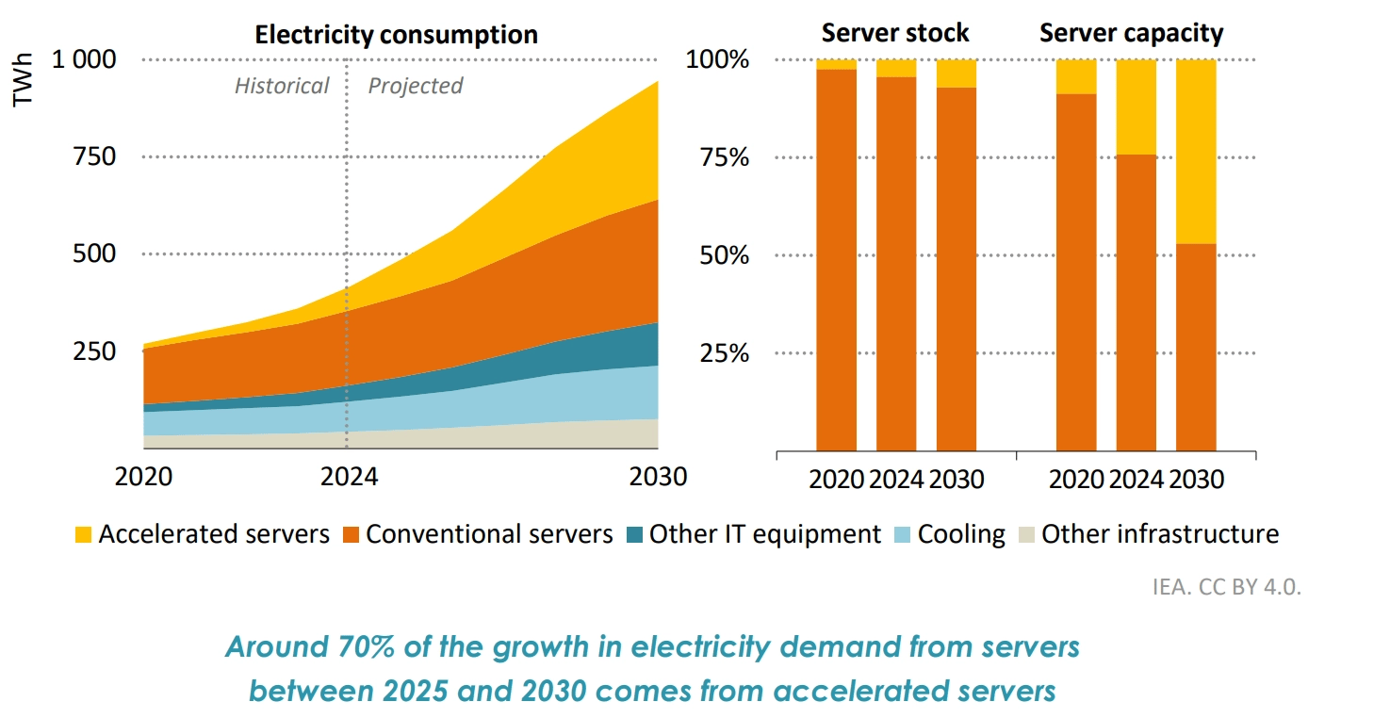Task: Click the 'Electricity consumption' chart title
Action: click(x=397, y=36)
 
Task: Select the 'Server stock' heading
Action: click(x=894, y=33)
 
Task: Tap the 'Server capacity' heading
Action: click(x=1131, y=34)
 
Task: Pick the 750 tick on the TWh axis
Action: click(x=94, y=156)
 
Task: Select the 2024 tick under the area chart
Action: click(x=349, y=477)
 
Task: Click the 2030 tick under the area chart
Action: click(x=657, y=477)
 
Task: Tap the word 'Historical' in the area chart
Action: click(x=282, y=87)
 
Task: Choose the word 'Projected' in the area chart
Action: click(x=416, y=87)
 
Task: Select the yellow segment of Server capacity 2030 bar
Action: click(x=1196, y=151)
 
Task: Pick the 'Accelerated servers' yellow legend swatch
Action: click(x=84, y=535)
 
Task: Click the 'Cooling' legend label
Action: click(x=961, y=534)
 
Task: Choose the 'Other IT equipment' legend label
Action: click(x=764, y=534)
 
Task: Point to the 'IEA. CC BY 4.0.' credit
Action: click(x=1226, y=586)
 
